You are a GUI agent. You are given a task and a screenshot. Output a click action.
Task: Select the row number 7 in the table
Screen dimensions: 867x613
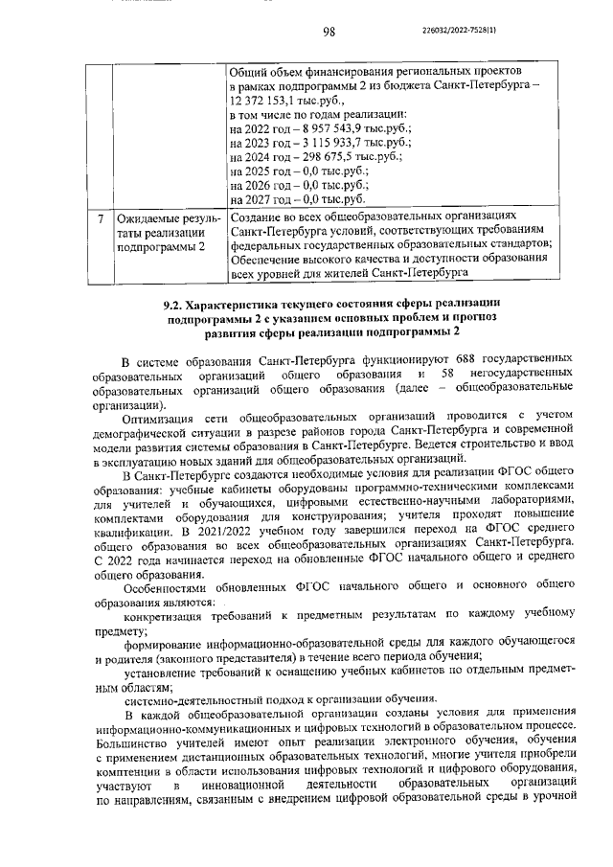[101, 217]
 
